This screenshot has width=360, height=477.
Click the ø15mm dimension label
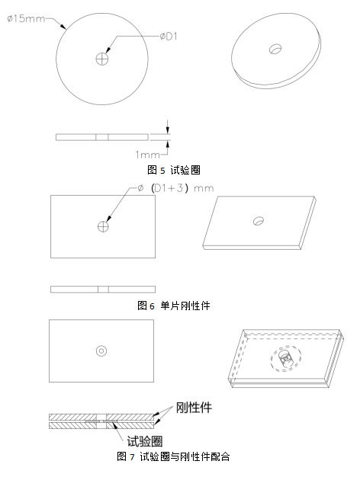pyautogui.click(x=26, y=19)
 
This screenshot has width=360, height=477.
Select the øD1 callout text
pyautogui.click(x=169, y=37)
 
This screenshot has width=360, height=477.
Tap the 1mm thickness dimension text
pyautogui.click(x=147, y=155)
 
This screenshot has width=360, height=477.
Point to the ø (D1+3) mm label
pyautogui.click(x=175, y=188)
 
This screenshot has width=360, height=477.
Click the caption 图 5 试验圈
pyautogui.click(x=174, y=170)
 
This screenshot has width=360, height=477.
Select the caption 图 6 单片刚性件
pyautogui.click(x=174, y=306)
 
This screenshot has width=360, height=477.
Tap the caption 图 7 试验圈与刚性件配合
pyautogui.click(x=173, y=456)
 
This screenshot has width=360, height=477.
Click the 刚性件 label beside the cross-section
pyautogui.click(x=194, y=408)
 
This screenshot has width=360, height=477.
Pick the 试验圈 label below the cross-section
pyautogui.click(x=145, y=441)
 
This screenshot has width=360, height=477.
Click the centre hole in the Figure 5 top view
pyautogui.click(x=102, y=59)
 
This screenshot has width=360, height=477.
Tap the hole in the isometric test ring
pyautogui.click(x=275, y=49)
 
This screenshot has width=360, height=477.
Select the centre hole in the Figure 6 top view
pyautogui.click(x=103, y=226)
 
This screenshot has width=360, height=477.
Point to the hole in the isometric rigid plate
pyautogui.click(x=259, y=221)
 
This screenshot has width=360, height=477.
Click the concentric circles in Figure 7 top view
pyautogui.click(x=101, y=351)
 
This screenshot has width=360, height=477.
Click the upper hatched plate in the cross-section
pyautogui.click(x=101, y=417)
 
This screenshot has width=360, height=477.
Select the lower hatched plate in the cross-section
pyautogui.click(x=101, y=425)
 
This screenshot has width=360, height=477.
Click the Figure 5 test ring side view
pyautogui.click(x=102, y=137)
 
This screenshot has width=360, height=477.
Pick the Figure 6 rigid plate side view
pyautogui.click(x=103, y=290)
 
